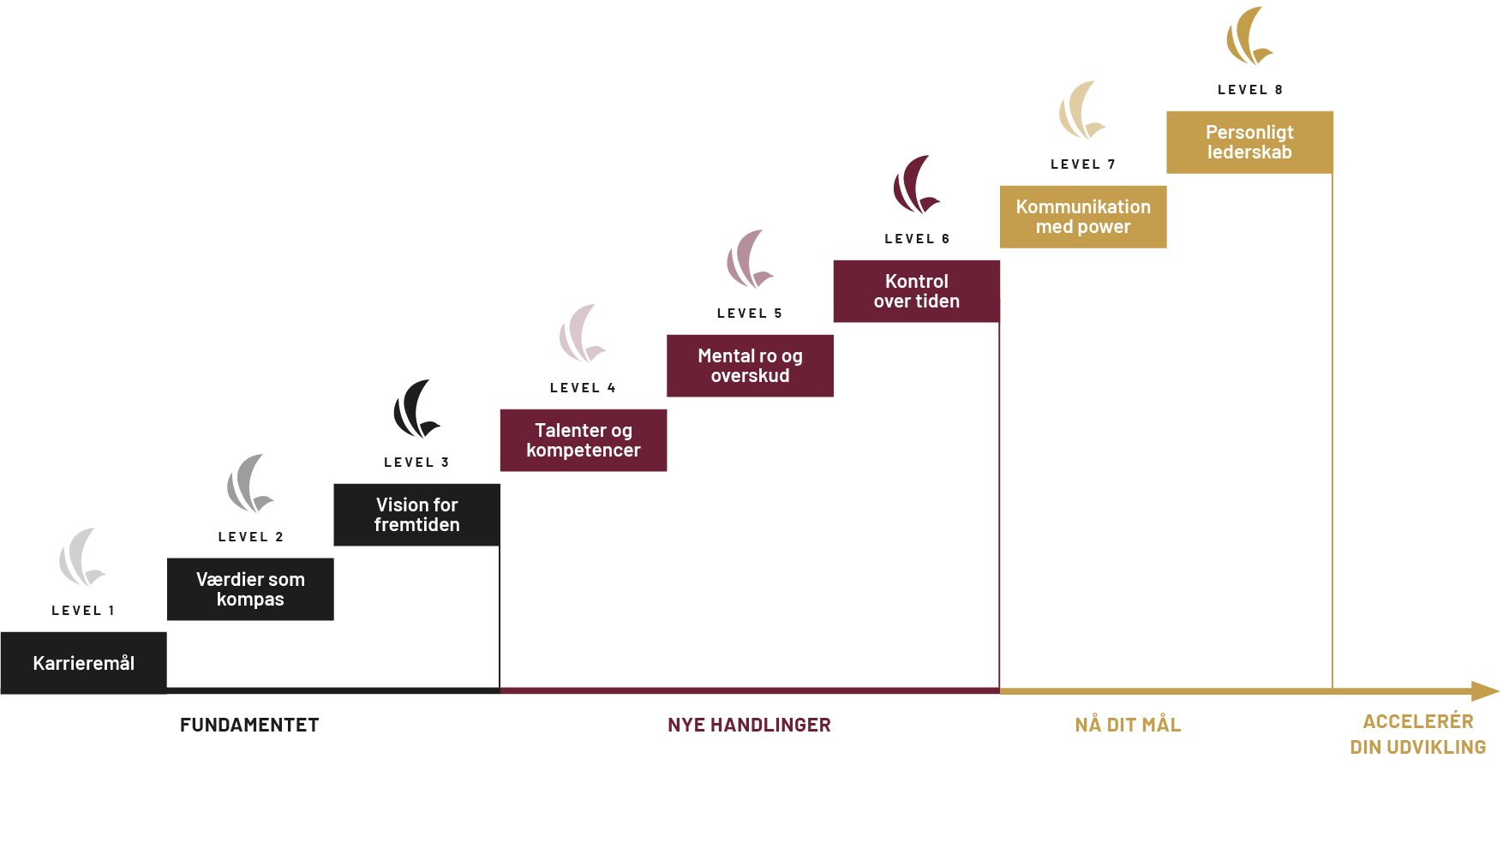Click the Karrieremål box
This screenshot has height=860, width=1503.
tap(84, 663)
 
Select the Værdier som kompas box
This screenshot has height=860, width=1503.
tap(250, 589)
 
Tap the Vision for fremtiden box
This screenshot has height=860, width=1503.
tap(416, 515)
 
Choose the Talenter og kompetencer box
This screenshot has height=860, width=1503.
tap(584, 440)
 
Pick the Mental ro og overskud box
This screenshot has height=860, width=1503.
tap(750, 366)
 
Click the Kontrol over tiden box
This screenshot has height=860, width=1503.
tap(917, 291)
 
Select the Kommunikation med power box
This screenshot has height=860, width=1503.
tap(1083, 217)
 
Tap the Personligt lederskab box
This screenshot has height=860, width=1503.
tap(1249, 142)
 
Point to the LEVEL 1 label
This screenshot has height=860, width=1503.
tap(83, 611)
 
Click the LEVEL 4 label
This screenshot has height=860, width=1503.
tap(583, 388)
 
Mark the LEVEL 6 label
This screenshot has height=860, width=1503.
tap(917, 239)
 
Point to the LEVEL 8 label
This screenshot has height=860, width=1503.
tap(1250, 90)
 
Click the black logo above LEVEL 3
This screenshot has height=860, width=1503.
tap(415, 409)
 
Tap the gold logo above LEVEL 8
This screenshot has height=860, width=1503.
tap(1248, 37)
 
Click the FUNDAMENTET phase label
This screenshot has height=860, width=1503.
tap(249, 726)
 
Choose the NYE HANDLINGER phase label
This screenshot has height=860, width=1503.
tap(749, 726)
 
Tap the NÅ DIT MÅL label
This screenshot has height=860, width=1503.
tap(1128, 725)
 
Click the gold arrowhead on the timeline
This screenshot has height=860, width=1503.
tap(1485, 691)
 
